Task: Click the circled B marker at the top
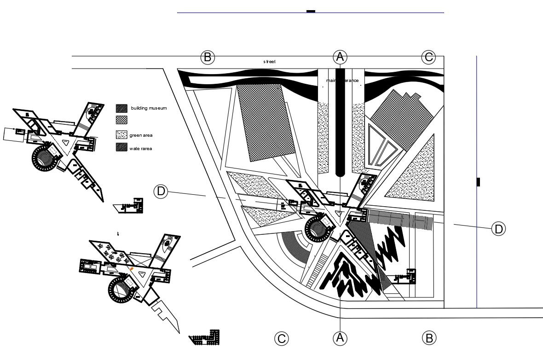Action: (x=208, y=58)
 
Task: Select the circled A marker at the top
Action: (x=340, y=57)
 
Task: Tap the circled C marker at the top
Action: (x=428, y=57)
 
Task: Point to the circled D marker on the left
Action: (x=161, y=192)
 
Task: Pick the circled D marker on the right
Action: (x=498, y=228)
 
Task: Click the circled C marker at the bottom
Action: (x=281, y=339)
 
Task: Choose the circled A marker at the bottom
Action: (x=340, y=338)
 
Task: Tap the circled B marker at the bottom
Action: (x=428, y=338)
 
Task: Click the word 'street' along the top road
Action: (x=269, y=61)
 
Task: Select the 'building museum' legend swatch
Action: (x=122, y=108)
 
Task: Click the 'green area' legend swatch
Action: (x=122, y=135)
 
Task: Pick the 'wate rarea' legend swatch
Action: (x=122, y=148)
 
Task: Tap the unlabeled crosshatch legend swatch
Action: (x=122, y=120)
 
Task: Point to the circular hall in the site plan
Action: (x=318, y=229)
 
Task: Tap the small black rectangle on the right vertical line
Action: (x=478, y=182)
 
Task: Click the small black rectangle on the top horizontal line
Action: (x=311, y=11)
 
